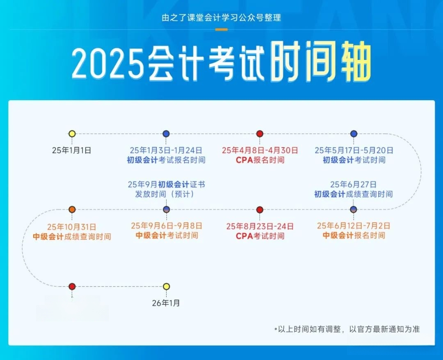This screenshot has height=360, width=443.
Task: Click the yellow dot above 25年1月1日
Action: [x=72, y=134]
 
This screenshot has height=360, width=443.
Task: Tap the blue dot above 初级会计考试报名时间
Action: [x=166, y=134]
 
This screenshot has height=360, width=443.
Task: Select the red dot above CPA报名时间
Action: [x=260, y=134]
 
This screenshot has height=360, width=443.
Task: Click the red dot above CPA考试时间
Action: [x=260, y=210]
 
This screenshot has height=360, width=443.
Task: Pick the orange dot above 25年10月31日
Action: [x=72, y=209]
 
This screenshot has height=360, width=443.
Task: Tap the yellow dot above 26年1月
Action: [x=167, y=287]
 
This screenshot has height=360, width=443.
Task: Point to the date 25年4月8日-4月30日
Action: [x=260, y=151]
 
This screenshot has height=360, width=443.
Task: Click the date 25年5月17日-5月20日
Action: [x=354, y=151]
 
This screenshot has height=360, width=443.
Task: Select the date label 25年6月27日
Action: [x=353, y=185]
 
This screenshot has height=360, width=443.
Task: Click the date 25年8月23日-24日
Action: [x=260, y=227]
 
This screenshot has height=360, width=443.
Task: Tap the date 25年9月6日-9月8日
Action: [x=167, y=226]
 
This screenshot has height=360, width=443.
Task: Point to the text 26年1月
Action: [x=166, y=303]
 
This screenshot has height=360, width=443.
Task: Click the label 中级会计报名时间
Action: [x=354, y=235]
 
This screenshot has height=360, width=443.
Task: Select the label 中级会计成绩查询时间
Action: [x=72, y=236]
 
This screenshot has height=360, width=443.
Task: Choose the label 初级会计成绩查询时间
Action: [x=354, y=194]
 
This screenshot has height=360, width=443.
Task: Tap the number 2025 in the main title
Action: [x=108, y=63]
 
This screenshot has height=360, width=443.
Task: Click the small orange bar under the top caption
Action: [x=221, y=30]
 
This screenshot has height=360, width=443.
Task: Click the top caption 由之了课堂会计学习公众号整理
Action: [x=221, y=18]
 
